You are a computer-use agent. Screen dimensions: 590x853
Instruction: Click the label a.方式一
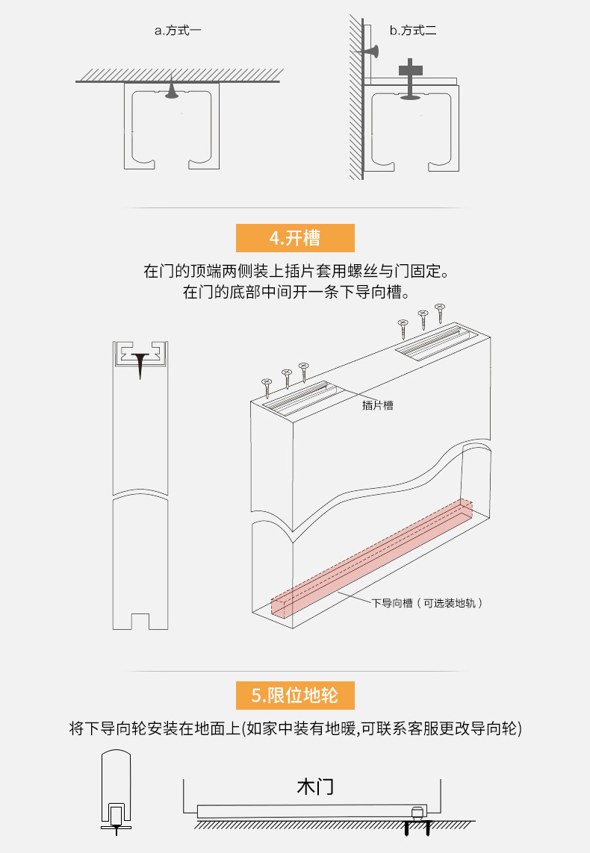[x=178, y=31]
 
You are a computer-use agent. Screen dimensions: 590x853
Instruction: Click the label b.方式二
[x=413, y=31]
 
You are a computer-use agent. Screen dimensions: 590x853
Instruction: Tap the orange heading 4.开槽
[x=295, y=238]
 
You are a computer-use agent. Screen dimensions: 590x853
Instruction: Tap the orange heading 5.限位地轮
[x=295, y=696]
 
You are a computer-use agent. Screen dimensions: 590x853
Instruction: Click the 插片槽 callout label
[x=377, y=405]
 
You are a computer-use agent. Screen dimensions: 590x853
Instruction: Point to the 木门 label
[x=314, y=787]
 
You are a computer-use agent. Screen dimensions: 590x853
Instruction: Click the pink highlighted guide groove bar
[x=372, y=556]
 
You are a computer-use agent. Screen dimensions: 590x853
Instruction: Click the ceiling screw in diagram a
[x=172, y=90]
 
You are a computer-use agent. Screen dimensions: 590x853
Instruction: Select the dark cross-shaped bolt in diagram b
[x=410, y=70]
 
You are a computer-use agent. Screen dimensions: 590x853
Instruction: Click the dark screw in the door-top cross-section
[x=140, y=365]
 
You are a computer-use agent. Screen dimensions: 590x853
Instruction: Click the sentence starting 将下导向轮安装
[x=295, y=729]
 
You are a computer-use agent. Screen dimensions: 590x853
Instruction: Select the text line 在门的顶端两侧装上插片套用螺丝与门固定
[x=295, y=269]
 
